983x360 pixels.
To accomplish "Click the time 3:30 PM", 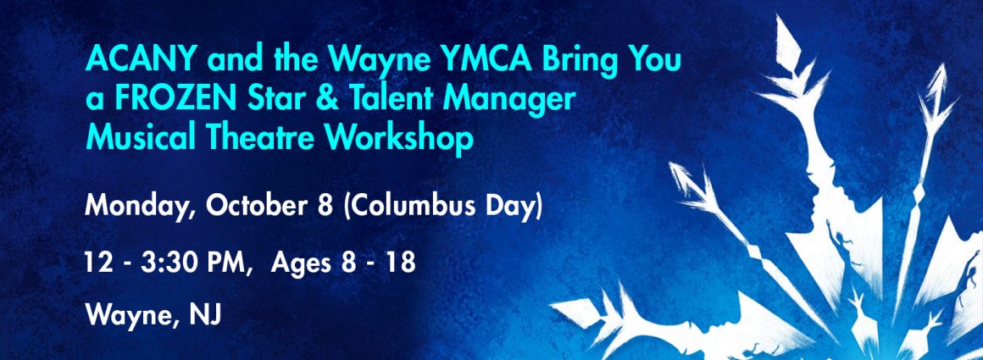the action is coord(205,263).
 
